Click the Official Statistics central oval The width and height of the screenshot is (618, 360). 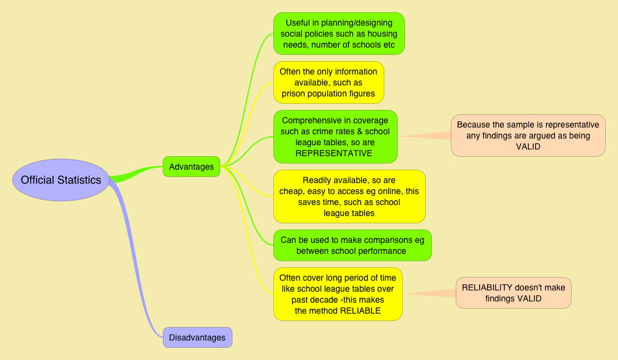pos(60,180)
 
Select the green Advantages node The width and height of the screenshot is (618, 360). pos(191,167)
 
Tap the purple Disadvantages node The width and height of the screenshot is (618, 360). pos(197,337)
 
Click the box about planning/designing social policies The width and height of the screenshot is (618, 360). pos(339,34)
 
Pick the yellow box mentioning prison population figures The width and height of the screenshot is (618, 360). pos(328,82)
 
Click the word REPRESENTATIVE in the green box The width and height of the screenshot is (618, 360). pos(334,153)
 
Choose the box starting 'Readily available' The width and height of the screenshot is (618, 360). pos(349,196)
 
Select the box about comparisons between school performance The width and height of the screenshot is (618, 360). pos(352,245)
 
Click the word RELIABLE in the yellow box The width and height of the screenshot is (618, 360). pos(360,311)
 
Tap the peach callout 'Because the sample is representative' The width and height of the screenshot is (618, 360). pos(528,135)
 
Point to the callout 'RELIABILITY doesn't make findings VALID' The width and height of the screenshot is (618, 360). pos(513,293)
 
